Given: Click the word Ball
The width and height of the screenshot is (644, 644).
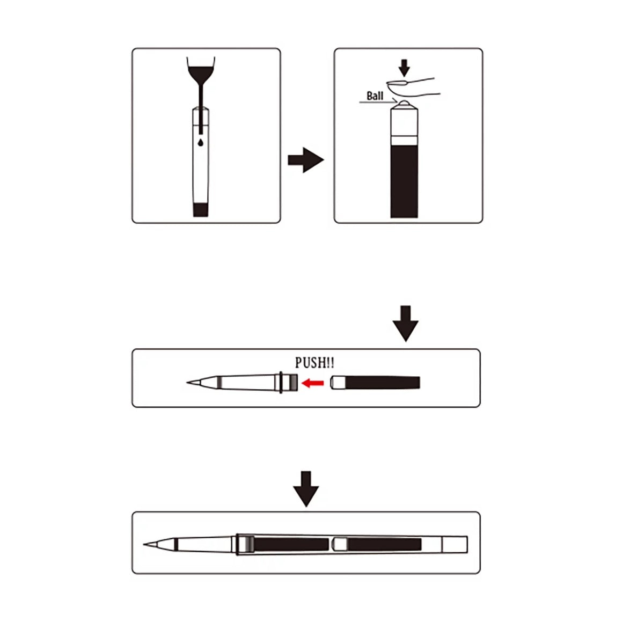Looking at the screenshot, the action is [x=375, y=96].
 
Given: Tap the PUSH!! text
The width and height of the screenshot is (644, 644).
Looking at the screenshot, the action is [x=314, y=363].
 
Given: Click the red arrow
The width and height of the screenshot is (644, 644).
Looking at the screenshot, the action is [x=312, y=383].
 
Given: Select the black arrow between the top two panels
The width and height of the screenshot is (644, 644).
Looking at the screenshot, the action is [x=305, y=160].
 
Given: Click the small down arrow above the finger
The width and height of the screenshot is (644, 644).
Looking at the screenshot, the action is [x=405, y=68].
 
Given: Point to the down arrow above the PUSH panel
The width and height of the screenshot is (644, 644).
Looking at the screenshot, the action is [x=405, y=324].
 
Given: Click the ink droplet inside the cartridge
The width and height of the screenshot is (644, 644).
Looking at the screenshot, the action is [x=201, y=142].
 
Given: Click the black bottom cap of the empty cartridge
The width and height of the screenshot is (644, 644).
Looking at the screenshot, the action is [x=201, y=209].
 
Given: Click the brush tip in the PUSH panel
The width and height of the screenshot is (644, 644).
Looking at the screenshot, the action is [x=199, y=382].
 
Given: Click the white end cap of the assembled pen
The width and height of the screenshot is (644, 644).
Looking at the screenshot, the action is [x=455, y=544].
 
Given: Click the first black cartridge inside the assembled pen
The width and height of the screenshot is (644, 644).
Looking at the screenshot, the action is [x=291, y=544].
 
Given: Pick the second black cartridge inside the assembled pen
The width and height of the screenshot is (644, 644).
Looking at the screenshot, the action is [x=384, y=544].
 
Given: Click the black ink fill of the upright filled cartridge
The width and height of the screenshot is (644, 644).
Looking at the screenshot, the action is [x=404, y=181].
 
